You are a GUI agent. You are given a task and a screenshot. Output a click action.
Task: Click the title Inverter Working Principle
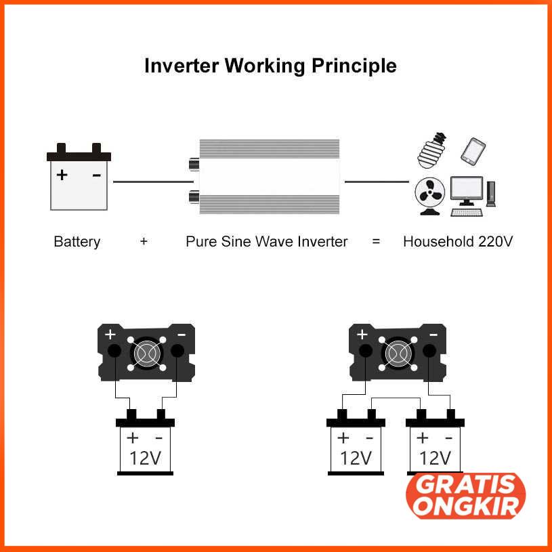pos(270,66)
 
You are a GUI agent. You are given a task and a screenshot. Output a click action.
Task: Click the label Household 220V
pos(457,241)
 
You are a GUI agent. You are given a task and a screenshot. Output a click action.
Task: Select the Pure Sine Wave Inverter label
pos(266,241)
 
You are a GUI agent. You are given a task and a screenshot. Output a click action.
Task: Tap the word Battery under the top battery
pos(77,241)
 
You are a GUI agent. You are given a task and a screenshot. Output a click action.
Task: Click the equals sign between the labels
pos(376,241)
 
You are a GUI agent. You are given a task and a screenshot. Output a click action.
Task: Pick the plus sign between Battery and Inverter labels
pos(144,241)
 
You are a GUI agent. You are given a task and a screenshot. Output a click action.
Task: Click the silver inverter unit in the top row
pos(269,176)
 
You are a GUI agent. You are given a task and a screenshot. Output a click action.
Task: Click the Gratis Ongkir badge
pos(465,496)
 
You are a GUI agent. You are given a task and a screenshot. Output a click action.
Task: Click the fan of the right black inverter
pos(398,352)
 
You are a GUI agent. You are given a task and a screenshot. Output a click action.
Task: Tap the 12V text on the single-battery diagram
pos(145,458)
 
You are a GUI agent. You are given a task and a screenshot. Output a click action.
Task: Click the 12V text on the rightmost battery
pos(435,458)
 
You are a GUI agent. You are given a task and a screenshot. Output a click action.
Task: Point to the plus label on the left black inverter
pos(110,335)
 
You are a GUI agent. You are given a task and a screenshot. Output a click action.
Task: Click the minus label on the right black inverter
pos(433,334)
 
